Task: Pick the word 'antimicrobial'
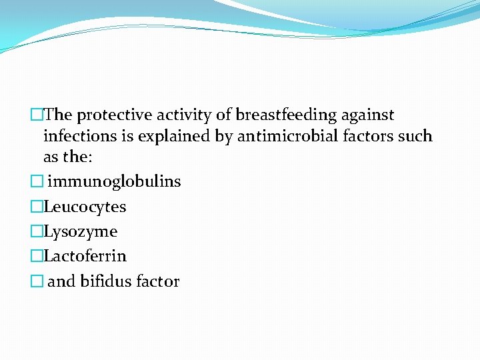pos(279,137)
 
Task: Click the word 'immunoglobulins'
pos(114,181)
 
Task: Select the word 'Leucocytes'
pos(85,207)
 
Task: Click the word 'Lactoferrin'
pos(85,256)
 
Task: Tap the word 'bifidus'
pos(105,281)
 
